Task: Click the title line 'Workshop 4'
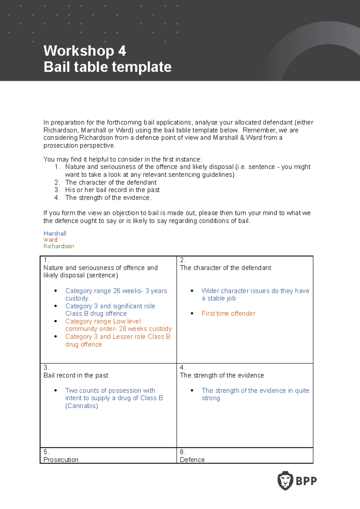click(x=85, y=51)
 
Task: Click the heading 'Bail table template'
click(x=107, y=67)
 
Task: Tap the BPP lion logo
click(x=285, y=481)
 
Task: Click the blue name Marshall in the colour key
click(x=55, y=234)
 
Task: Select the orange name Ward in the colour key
click(x=50, y=240)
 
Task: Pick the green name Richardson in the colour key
click(x=58, y=246)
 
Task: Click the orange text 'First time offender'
click(x=228, y=314)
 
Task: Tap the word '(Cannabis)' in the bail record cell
click(x=82, y=406)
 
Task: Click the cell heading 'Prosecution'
click(x=61, y=460)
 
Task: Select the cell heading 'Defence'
click(x=192, y=460)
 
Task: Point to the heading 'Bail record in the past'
click(x=76, y=375)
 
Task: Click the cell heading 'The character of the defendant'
click(x=225, y=268)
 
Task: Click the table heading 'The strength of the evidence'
click(x=222, y=375)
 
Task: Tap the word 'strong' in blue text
click(x=211, y=398)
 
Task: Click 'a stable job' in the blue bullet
click(x=219, y=298)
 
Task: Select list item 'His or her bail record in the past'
click(x=112, y=190)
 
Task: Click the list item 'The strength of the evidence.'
click(x=108, y=198)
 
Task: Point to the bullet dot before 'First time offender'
click(x=192, y=314)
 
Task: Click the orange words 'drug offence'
click(x=83, y=344)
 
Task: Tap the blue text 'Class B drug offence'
click(x=96, y=314)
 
